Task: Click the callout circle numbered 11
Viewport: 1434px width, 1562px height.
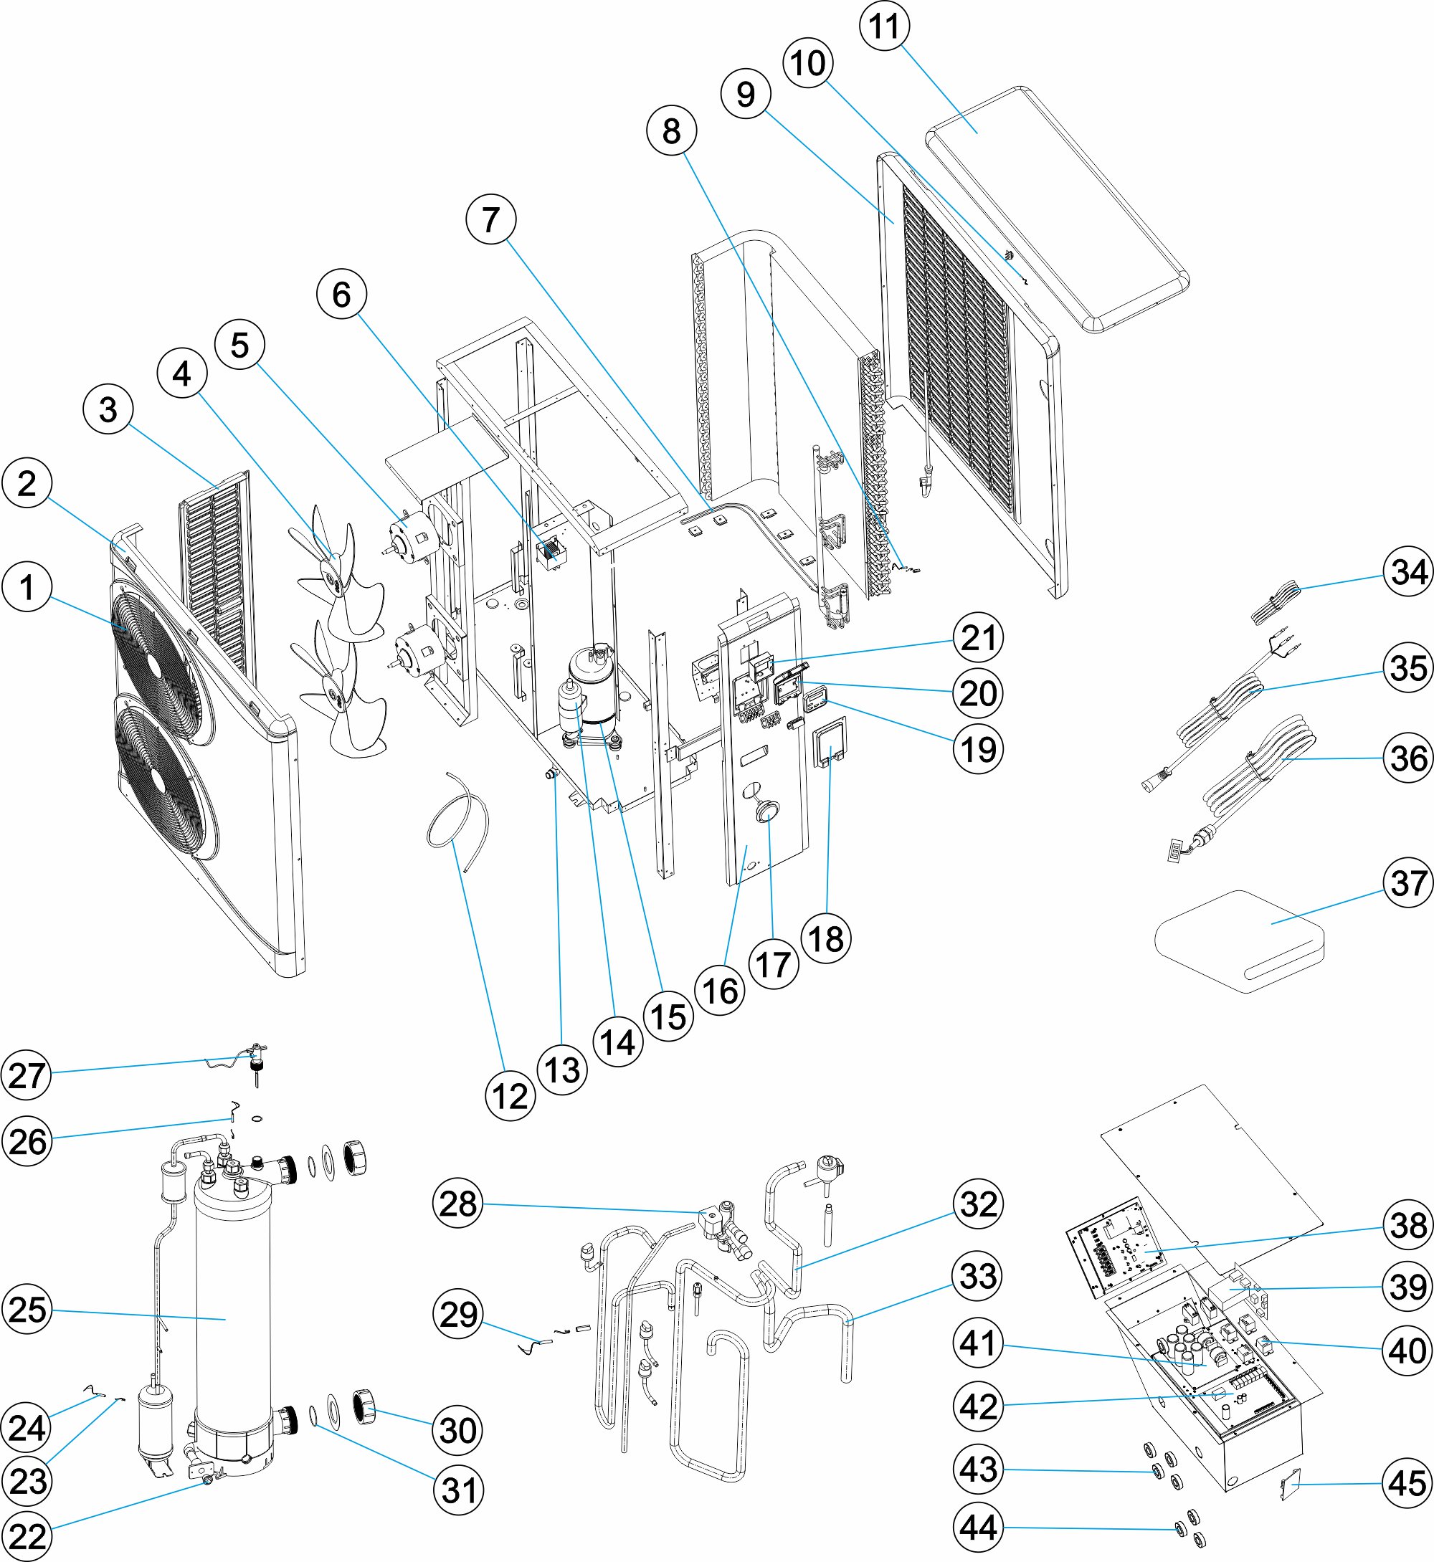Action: [885, 26]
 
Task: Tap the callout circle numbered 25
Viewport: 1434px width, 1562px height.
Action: [27, 1309]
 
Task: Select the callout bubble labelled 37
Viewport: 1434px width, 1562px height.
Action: [1408, 882]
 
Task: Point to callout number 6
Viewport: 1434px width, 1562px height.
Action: [341, 294]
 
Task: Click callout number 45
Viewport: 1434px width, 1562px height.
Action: [1408, 1483]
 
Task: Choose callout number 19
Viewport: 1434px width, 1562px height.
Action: [978, 749]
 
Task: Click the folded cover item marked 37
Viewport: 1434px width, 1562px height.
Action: [1242, 939]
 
